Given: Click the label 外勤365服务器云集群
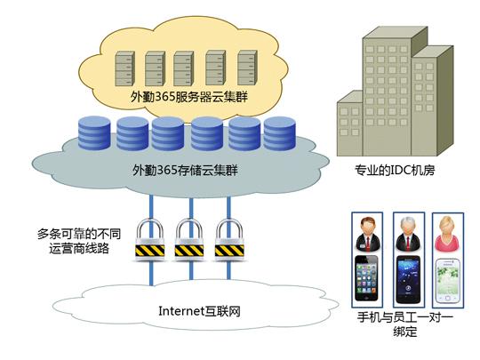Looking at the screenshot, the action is pos(188,97).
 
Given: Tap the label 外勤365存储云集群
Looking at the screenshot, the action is pos(185,170).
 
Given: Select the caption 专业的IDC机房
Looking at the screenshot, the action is pos(395,170).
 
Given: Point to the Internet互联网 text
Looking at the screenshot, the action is pos(199,311).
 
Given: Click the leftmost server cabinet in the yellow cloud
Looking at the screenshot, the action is pos(125,68).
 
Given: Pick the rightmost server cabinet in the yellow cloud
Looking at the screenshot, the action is pos(248,68).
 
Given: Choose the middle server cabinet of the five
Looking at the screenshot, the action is pos(184,68).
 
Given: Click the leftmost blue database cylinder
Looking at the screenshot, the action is pos(94,132).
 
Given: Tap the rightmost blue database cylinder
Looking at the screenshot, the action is pos(279,133).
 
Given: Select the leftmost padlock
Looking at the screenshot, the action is pos(150,239).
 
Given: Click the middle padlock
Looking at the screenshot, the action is pos(189,239).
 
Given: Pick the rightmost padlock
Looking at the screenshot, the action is pos(229,239).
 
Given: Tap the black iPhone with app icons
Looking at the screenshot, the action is pos(366,278).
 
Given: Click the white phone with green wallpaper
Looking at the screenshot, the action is pos(448,281).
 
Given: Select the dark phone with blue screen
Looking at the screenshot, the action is pos(408,279).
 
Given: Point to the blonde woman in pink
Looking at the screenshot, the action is pos(447,234).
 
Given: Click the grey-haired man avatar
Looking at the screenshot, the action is pos(408,234).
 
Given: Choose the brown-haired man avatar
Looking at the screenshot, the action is pos(368,234).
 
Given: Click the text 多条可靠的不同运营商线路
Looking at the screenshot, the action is pos(79,241).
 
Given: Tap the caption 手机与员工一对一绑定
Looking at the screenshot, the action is pos(405,324).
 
